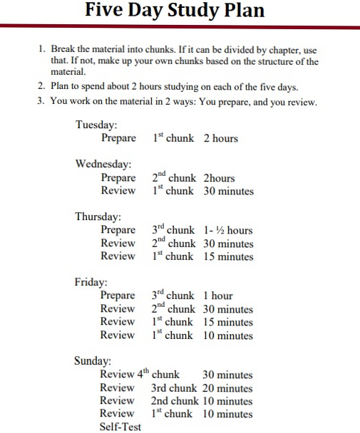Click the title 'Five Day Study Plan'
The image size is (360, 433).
174,11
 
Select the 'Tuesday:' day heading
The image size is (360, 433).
96,125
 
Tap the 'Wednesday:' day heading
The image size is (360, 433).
103,164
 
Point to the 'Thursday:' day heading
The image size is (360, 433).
98,216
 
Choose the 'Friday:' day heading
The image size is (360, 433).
91,282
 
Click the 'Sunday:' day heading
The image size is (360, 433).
93,361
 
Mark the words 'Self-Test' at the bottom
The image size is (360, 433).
120,427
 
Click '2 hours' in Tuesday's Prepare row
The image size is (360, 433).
220,138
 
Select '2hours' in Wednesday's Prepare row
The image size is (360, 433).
219,177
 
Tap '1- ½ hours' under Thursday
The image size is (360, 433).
227,230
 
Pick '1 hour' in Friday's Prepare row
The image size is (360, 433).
217,296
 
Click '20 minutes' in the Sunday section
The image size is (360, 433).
227,388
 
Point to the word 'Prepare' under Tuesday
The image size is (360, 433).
118,138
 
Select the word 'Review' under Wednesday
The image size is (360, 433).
118,191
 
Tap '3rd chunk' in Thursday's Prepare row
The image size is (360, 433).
173,230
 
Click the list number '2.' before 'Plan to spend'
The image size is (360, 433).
41,87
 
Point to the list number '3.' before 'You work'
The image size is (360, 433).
41,101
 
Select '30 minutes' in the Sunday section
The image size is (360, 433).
227,375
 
